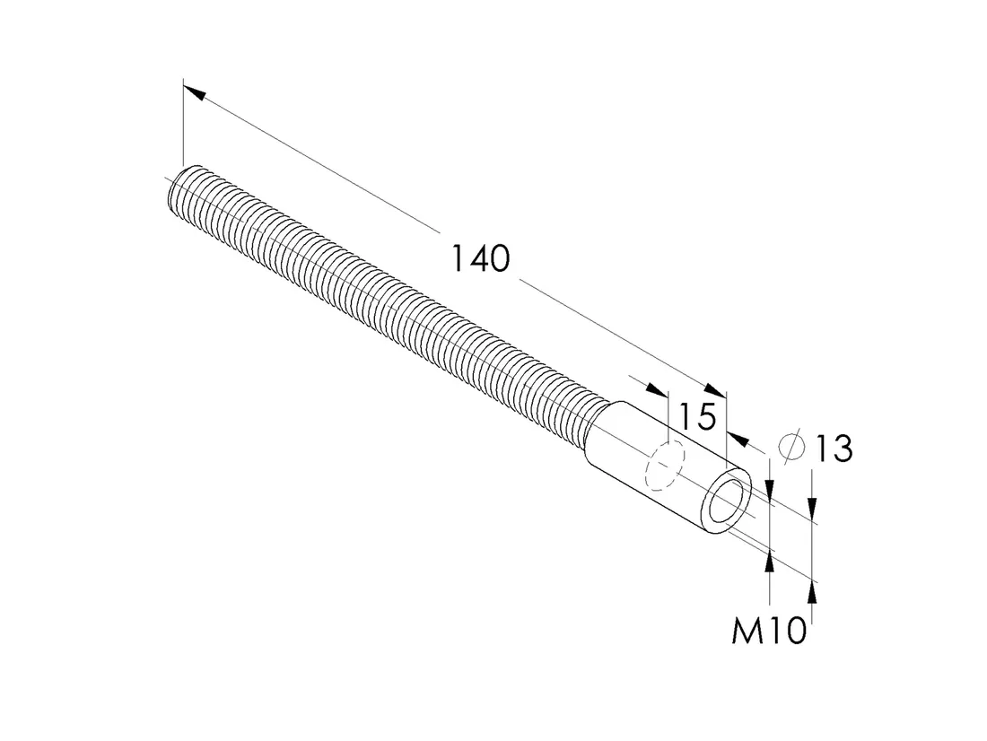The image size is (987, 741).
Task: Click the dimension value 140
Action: point(481,258)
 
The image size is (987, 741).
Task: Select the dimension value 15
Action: point(697,417)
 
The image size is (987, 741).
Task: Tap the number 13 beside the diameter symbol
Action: point(834,449)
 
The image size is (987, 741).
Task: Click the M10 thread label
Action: point(769,630)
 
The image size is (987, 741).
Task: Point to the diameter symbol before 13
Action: point(791,447)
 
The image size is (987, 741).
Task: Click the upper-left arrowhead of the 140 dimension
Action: point(195,92)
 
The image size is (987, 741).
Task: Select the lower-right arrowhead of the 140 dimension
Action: point(715,391)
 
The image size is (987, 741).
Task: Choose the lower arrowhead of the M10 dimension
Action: point(769,562)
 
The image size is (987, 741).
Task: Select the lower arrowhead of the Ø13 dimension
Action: point(812,592)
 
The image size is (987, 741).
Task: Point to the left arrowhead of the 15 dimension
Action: point(657,389)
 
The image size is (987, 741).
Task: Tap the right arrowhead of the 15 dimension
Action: point(737,437)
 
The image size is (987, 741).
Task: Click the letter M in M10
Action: point(746,630)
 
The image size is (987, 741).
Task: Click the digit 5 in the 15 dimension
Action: point(705,417)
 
